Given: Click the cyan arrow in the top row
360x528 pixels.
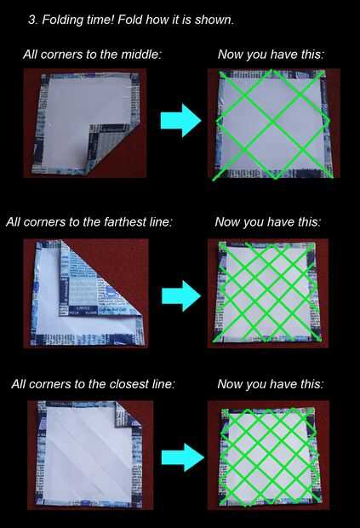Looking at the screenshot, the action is pyautogui.click(x=180, y=121).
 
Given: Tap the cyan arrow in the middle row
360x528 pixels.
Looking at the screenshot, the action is pyautogui.click(x=181, y=296).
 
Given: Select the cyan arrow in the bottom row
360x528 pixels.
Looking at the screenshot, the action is pyautogui.click(x=183, y=457).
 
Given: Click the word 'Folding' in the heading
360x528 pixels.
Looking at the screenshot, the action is pyautogui.click(x=63, y=20).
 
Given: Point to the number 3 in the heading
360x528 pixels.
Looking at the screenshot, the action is pyautogui.click(x=31, y=20).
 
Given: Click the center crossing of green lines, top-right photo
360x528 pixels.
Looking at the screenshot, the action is pyautogui.click(x=273, y=121).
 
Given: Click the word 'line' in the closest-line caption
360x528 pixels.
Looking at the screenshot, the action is pyautogui.click(x=163, y=384).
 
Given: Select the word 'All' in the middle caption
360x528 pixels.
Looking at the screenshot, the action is pyautogui.click(x=14, y=222).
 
